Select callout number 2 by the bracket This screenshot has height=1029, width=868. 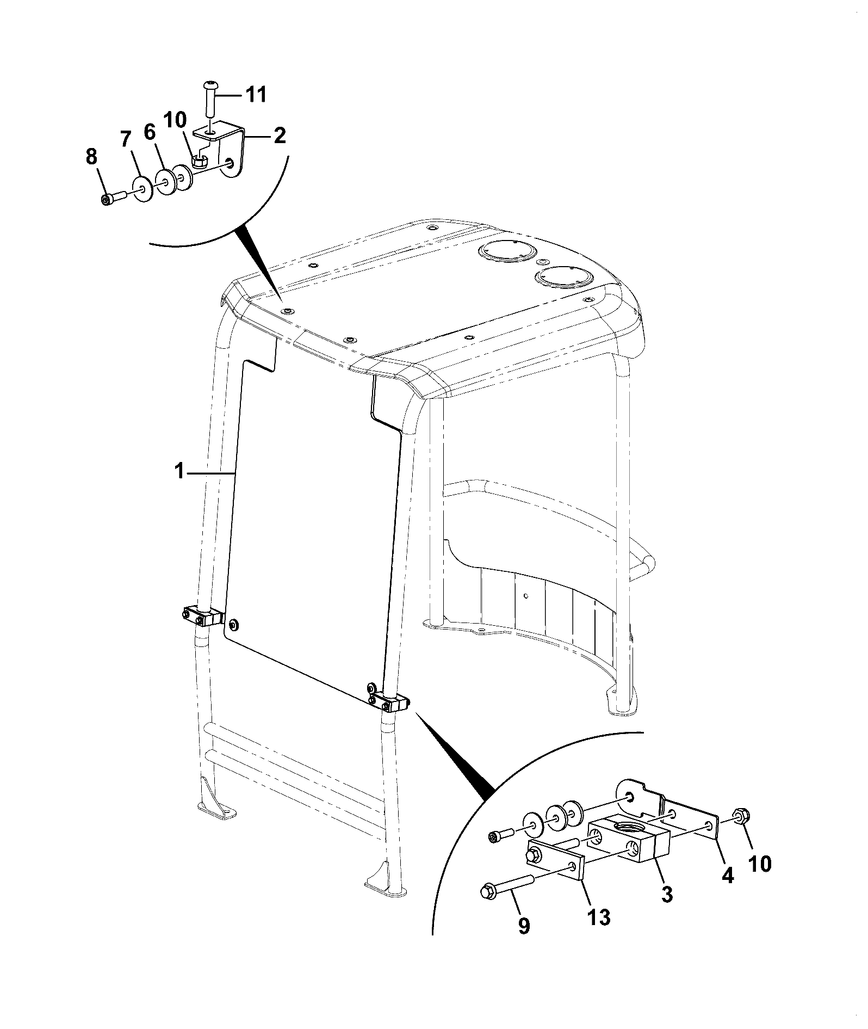(279, 135)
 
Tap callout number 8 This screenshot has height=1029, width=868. (91, 157)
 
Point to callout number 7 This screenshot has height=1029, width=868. (126, 140)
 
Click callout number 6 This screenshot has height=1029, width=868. (150, 133)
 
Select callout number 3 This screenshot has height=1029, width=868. (667, 894)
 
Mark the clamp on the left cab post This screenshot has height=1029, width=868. (202, 615)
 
